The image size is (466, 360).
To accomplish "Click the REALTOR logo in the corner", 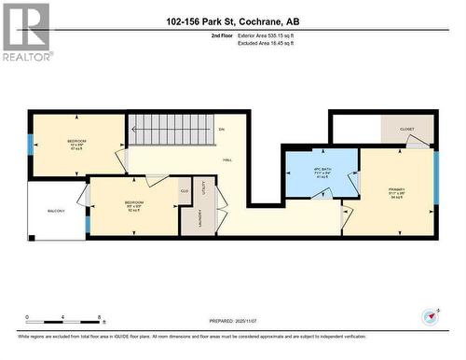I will pyautogui.click(x=25, y=31).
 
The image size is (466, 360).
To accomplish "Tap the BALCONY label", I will pyautogui.click(x=57, y=212).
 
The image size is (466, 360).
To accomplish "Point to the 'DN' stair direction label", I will pyautogui.click(x=221, y=130).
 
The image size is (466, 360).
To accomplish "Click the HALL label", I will pyautogui.click(x=227, y=160).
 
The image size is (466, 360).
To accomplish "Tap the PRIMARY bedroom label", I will pyautogui.click(x=396, y=191).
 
